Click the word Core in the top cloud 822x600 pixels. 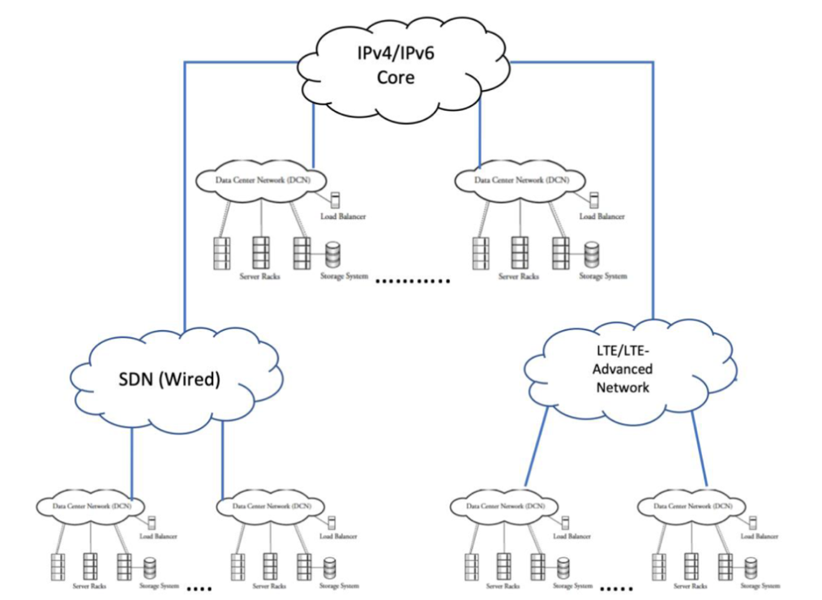(396, 78)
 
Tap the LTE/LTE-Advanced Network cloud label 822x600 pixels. (623, 369)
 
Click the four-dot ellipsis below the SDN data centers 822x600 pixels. (199, 589)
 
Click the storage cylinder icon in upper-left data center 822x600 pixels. (332, 255)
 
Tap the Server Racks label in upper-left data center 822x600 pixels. (259, 276)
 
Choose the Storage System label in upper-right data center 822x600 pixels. (602, 276)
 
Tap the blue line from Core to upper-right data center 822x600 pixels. (480, 134)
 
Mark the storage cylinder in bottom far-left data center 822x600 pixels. (150, 566)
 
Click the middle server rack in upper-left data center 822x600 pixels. (260, 253)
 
